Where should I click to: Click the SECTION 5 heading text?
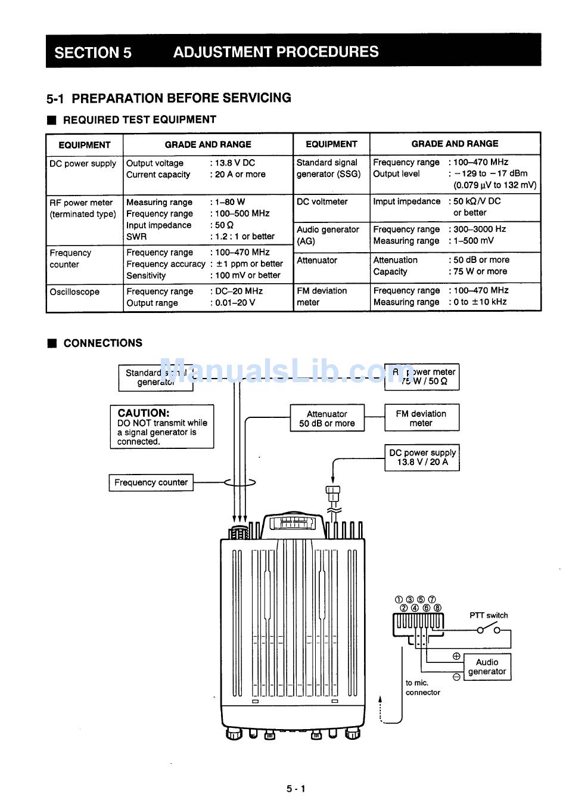click(x=93, y=52)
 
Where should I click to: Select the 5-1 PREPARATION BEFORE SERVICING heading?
click(x=169, y=98)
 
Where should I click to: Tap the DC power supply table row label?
click(x=83, y=163)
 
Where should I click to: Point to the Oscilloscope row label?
click(x=74, y=292)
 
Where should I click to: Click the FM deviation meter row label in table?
click(x=322, y=296)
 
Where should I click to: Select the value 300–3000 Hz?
click(x=480, y=230)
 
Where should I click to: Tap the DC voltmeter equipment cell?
click(x=322, y=201)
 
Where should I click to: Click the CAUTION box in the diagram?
click(x=161, y=427)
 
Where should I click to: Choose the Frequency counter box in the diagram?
click(x=151, y=482)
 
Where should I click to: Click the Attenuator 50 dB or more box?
click(x=327, y=418)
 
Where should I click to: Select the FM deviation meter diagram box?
click(x=421, y=418)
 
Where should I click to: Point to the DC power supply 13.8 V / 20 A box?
click(x=422, y=457)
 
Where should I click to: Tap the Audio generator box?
click(x=487, y=666)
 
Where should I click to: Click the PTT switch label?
click(x=489, y=615)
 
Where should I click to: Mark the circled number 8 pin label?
click(x=438, y=608)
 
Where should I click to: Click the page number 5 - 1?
click(x=296, y=789)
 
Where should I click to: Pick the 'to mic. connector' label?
click(x=422, y=687)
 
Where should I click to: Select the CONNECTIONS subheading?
click(x=102, y=343)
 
